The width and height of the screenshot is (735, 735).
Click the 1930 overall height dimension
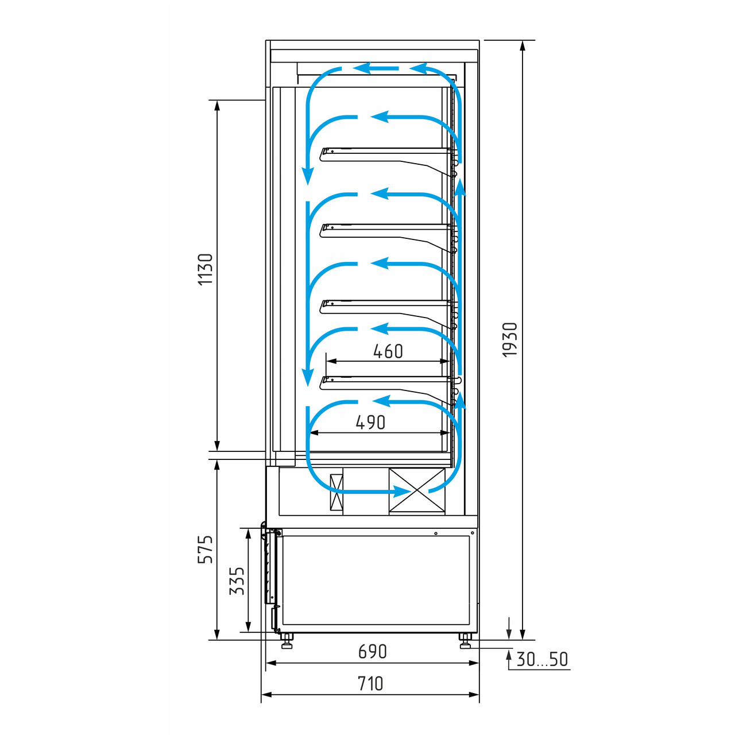[509, 340]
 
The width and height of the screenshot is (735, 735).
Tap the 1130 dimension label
[205, 269]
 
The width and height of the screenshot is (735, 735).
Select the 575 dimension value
[205, 550]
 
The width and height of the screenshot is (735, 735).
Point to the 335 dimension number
[237, 581]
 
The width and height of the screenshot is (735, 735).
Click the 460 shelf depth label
[388, 351]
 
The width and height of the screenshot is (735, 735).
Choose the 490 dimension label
[370, 422]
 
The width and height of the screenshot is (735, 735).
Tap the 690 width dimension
[372, 652]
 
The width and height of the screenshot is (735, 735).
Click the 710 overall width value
[370, 684]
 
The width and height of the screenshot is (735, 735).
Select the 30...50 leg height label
[542, 659]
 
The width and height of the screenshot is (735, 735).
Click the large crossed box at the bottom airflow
[416, 490]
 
